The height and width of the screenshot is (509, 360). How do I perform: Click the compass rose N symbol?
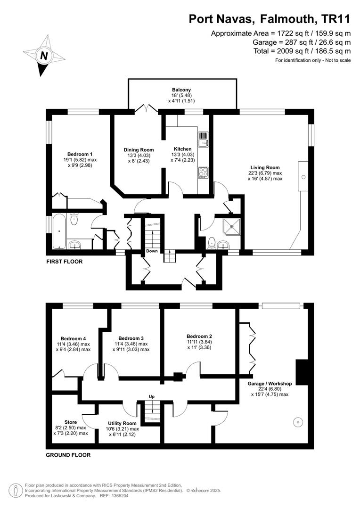[43, 56]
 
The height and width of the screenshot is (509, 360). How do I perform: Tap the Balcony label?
[181, 90]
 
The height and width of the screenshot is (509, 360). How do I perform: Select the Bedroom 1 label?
[80, 154]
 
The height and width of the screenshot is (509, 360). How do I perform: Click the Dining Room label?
[139, 150]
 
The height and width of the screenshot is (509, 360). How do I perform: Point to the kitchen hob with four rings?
[204, 172]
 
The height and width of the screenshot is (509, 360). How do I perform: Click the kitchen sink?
[204, 140]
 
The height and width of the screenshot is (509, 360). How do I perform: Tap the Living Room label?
[265, 167]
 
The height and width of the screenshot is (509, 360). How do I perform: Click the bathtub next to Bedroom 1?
[59, 231]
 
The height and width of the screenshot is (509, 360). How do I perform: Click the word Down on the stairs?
[152, 251]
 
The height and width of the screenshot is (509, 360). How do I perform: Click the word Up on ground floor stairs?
[152, 397]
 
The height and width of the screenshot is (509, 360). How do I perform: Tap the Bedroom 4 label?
[73, 338]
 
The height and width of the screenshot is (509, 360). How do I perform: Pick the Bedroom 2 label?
[199, 337]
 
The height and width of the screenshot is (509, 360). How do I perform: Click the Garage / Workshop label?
[270, 383]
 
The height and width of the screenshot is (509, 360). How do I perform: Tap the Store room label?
[70, 422]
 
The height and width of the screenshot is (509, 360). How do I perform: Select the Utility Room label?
[122, 423]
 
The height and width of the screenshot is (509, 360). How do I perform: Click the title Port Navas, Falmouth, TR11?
[270, 19]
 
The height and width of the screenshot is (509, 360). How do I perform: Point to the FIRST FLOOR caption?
[65, 261]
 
